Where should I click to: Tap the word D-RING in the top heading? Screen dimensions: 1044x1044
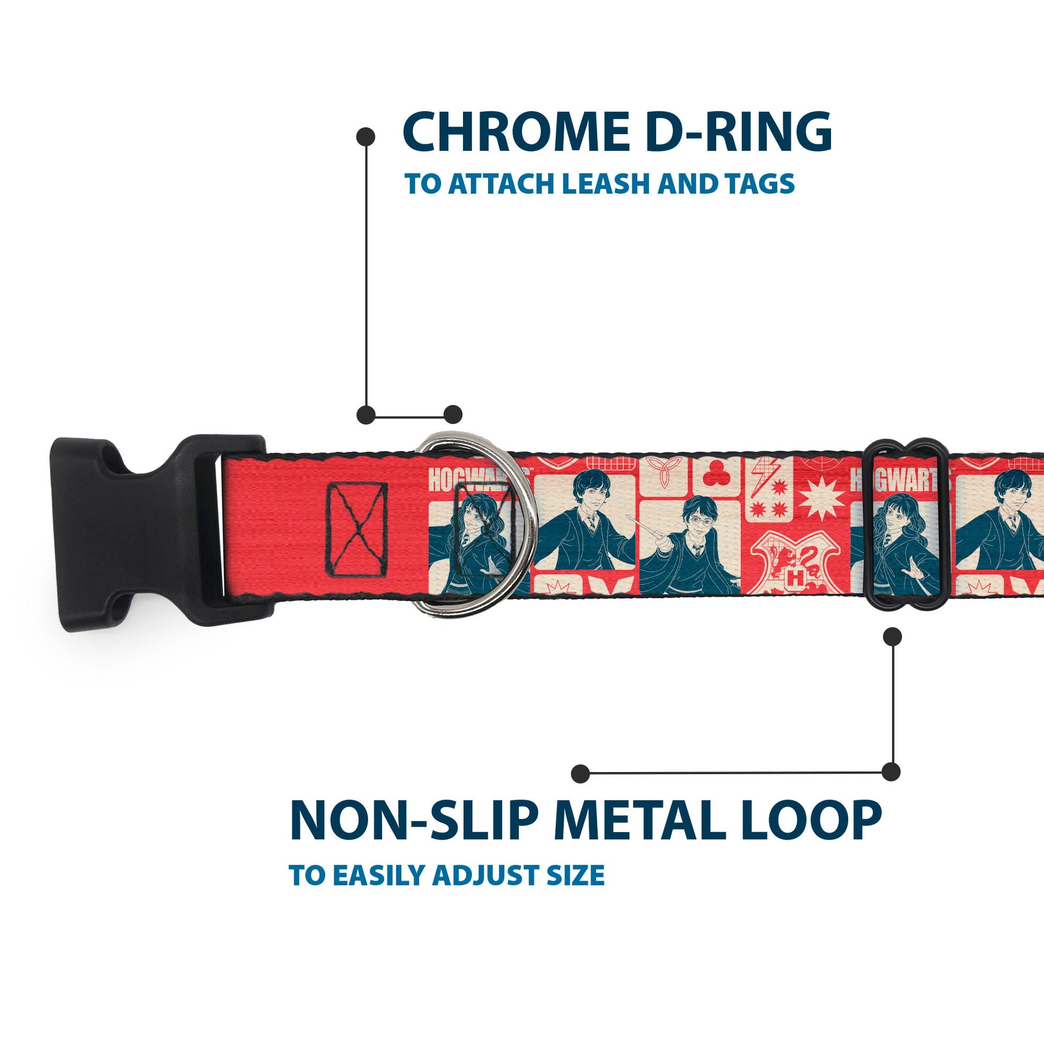click(739, 132)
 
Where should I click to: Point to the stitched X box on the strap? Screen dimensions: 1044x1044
click(357, 530)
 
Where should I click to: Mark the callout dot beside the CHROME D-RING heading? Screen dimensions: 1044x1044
click(366, 136)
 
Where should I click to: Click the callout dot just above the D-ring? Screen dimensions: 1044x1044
click(453, 415)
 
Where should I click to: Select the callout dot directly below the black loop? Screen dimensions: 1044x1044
click(892, 637)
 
